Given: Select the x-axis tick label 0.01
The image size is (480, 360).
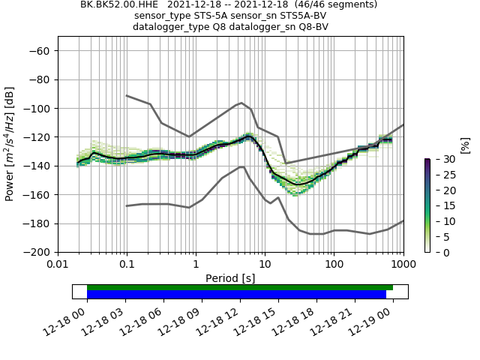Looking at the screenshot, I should tap(58, 265).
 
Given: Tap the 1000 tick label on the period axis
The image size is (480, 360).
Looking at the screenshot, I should tap(403, 265).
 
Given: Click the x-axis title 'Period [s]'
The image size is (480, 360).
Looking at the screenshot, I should tap(230, 278).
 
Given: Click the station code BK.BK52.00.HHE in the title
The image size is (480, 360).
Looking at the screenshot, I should tap(114, 4).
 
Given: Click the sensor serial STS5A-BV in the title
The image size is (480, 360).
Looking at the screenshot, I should tap(300, 16).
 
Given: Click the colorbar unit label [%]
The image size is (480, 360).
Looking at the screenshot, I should tap(464, 145).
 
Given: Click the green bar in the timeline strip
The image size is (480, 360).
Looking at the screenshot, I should tap(240, 287).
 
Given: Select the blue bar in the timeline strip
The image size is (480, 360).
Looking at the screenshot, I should tap(236, 295).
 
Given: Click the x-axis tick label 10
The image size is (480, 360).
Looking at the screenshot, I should tap(265, 265).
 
